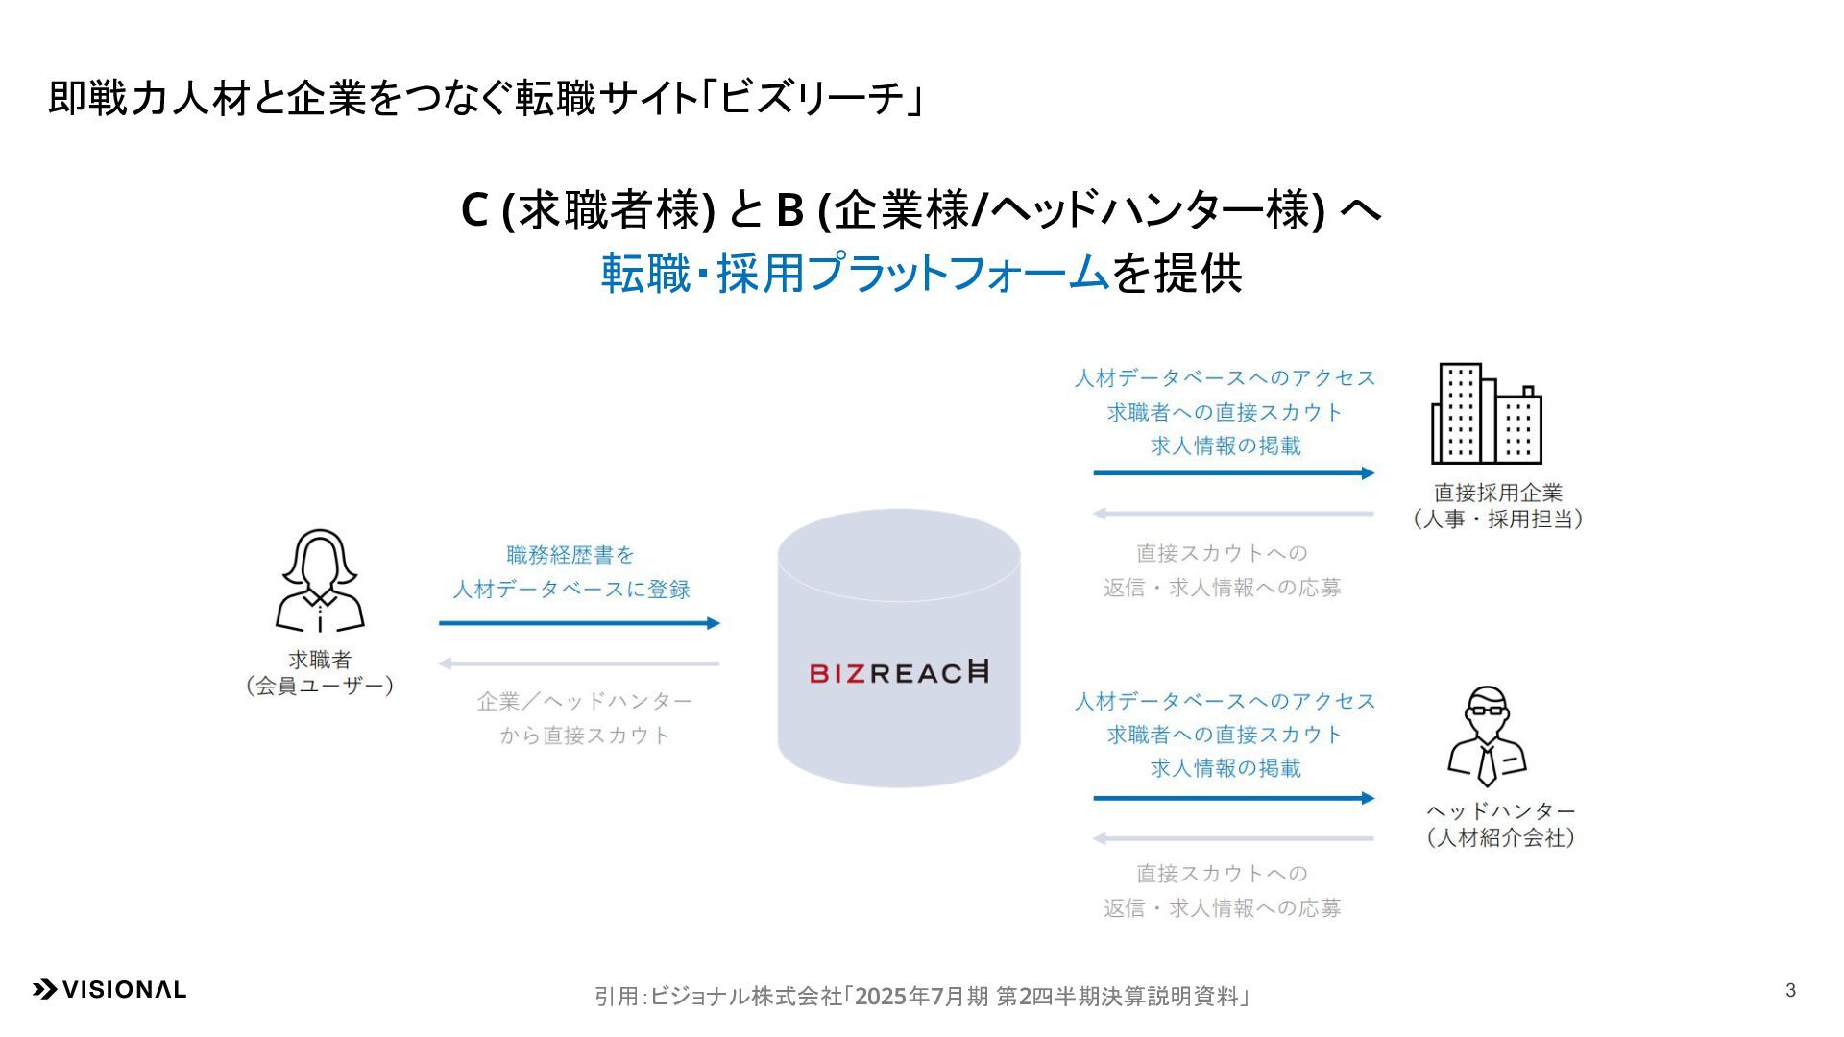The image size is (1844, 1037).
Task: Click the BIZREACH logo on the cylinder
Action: point(898,672)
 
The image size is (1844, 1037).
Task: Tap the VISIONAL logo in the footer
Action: point(109,990)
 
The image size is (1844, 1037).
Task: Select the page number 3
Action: point(1790,990)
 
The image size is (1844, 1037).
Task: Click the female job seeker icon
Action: point(320,581)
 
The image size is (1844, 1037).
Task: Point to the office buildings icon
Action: point(1486,414)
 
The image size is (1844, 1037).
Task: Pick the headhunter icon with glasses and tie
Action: point(1487,736)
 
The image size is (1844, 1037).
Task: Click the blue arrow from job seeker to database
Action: point(579,623)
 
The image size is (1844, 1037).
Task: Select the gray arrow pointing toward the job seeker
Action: point(579,663)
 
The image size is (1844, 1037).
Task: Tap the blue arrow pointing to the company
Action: point(1233,472)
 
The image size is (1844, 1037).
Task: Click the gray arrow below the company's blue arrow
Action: point(1233,514)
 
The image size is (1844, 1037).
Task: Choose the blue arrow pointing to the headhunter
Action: point(1233,798)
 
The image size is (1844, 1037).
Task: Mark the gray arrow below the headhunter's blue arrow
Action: point(1233,838)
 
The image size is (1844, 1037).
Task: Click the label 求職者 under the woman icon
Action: point(320,660)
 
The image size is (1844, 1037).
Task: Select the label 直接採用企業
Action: point(1498,493)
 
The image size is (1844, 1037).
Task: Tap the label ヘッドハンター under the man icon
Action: point(1500,811)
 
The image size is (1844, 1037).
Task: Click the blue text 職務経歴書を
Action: point(570,555)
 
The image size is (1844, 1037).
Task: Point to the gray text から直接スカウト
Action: point(584,736)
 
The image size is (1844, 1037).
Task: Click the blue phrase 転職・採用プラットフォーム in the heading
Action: point(855,274)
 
